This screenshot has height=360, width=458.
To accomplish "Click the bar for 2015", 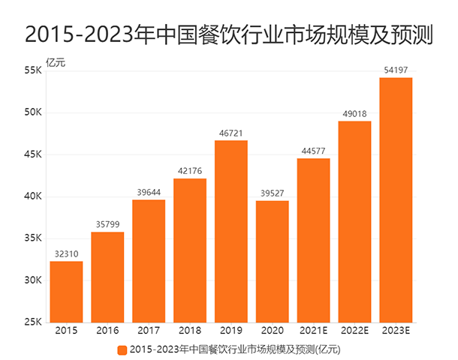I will coord(66,292).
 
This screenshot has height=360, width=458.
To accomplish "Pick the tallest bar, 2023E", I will coord(396,199).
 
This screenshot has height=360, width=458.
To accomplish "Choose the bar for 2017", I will coord(149,261).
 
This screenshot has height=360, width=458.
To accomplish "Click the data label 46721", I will coord(231,132).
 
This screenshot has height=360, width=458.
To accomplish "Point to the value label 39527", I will coord(272,193).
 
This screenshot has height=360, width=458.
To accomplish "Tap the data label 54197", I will coord(396,70).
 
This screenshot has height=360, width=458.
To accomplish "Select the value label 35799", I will coord(107,224).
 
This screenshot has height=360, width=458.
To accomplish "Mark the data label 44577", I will coord(313,150).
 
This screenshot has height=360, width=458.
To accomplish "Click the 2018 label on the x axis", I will coord(189,331).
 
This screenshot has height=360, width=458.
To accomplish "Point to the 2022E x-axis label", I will coord(354,331).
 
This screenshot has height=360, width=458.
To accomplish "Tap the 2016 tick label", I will coord(107,331).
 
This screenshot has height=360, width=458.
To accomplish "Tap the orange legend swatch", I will coord(122,349).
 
